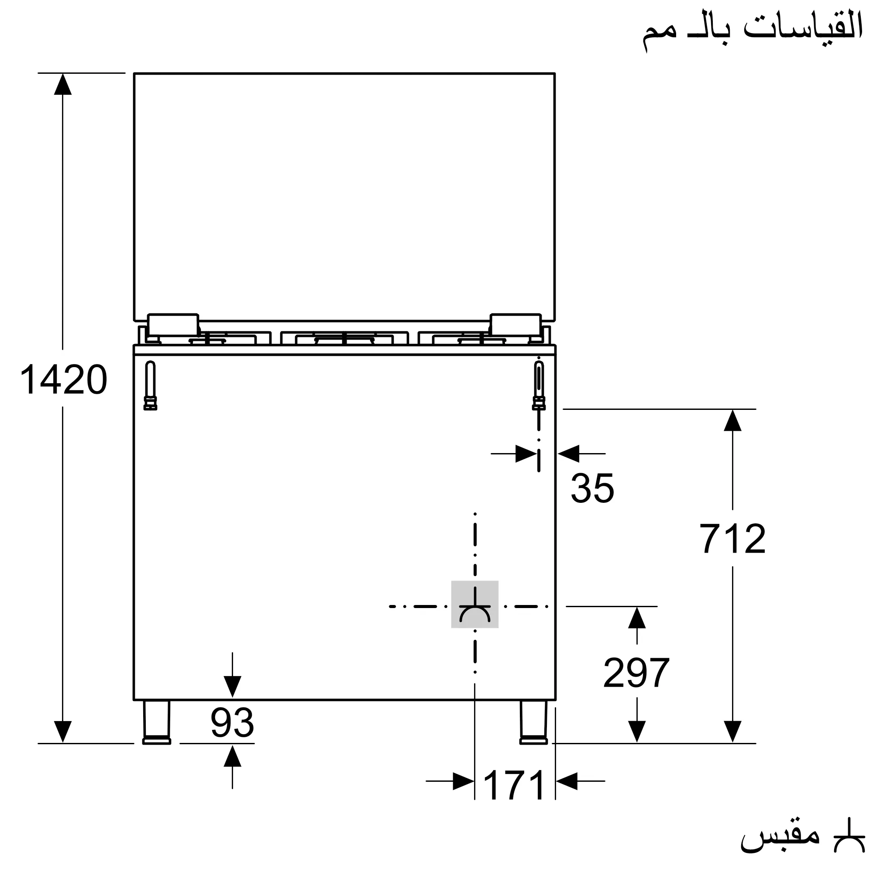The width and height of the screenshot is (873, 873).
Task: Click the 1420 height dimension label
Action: [63, 380]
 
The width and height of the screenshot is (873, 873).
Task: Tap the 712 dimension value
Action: [732, 539]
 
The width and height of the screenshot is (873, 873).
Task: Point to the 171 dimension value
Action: [515, 785]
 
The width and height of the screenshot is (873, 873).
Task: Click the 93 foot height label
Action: [232, 722]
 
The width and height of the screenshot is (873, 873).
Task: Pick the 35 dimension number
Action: [592, 488]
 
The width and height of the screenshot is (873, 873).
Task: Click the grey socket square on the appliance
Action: [474, 605]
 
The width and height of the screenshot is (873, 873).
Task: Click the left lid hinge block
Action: [173, 325]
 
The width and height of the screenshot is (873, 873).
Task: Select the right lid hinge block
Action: [516, 325]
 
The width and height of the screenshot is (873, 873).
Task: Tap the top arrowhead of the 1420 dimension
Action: [63, 85]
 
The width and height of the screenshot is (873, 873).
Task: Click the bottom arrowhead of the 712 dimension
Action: [732, 731]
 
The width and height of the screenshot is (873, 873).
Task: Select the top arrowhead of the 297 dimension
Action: [637, 618]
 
